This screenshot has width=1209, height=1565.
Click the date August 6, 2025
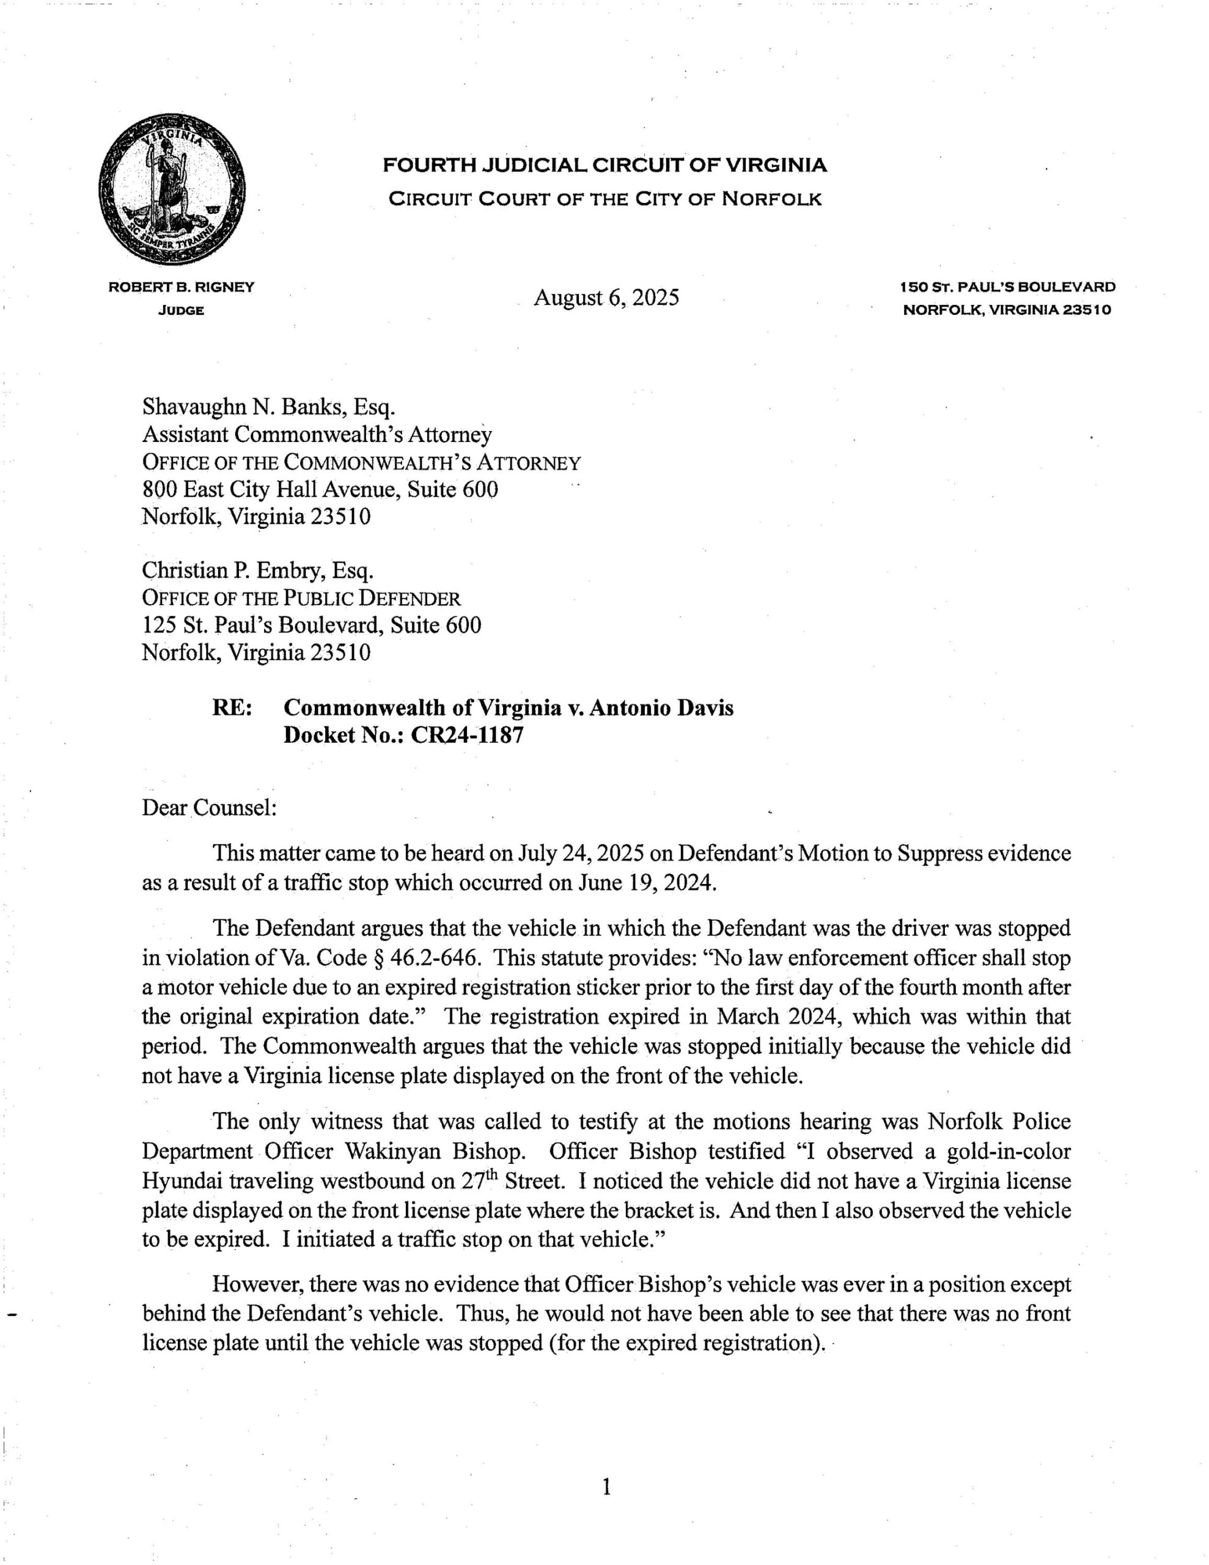coord(606,296)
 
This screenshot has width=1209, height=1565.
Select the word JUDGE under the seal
coord(180,311)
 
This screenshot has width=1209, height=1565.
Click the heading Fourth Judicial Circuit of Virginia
coord(604,166)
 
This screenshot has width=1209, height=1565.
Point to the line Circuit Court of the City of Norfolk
coord(604,199)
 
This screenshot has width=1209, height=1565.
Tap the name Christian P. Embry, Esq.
coord(258,570)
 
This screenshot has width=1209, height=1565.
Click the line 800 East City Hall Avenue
coord(320,490)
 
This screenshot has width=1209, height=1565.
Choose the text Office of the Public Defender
coord(301,598)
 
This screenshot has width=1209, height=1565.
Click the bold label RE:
coord(232,708)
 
